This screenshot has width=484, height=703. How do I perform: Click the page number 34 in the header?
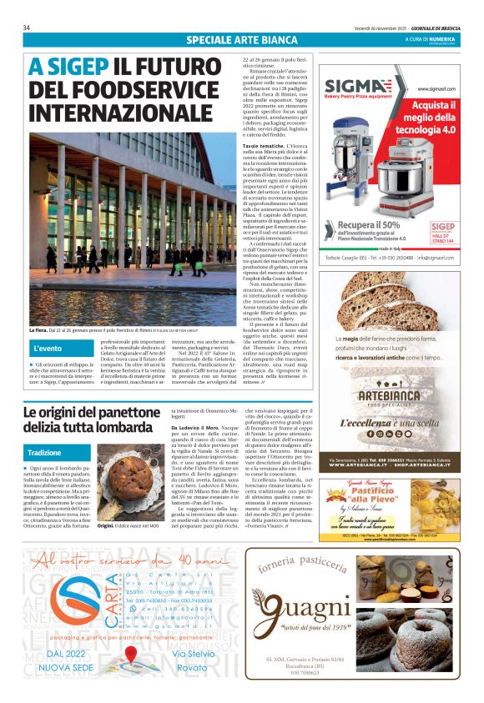coord(28,28)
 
